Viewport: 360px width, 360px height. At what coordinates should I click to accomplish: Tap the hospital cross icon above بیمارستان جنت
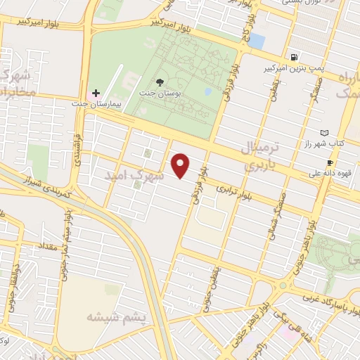[x=96, y=93]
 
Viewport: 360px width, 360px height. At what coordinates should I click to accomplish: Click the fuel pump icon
[x=292, y=57]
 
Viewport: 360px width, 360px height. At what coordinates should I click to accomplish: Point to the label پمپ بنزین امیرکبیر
[x=290, y=68]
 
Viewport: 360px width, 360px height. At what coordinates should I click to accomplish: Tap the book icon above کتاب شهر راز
[x=324, y=132]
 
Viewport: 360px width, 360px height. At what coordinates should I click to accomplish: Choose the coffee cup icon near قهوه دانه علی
[x=329, y=162]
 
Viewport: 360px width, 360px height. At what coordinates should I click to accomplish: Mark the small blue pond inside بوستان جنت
[x=208, y=91]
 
